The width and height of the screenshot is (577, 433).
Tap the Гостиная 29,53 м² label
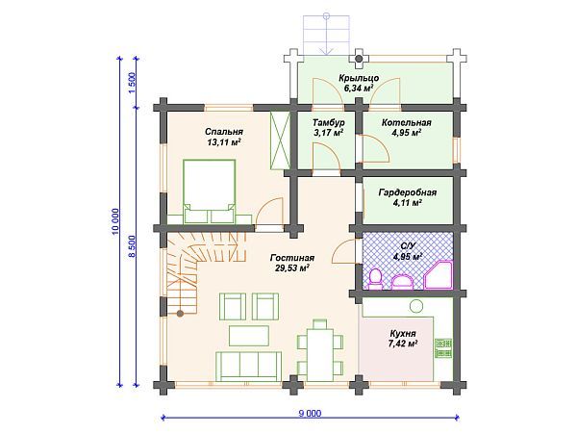(292, 263)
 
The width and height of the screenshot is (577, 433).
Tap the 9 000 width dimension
(310, 413)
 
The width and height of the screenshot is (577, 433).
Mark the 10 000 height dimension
(115, 221)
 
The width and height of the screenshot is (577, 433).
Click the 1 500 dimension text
(132, 83)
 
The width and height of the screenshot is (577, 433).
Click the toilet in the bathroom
(376, 279)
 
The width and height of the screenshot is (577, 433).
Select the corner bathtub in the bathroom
(438, 274)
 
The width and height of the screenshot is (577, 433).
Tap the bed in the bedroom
(209, 191)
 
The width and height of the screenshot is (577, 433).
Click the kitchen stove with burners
(443, 348)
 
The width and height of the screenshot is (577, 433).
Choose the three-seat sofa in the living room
(249, 366)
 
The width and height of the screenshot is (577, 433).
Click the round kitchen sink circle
(416, 306)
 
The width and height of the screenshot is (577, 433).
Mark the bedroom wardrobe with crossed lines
(281, 140)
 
